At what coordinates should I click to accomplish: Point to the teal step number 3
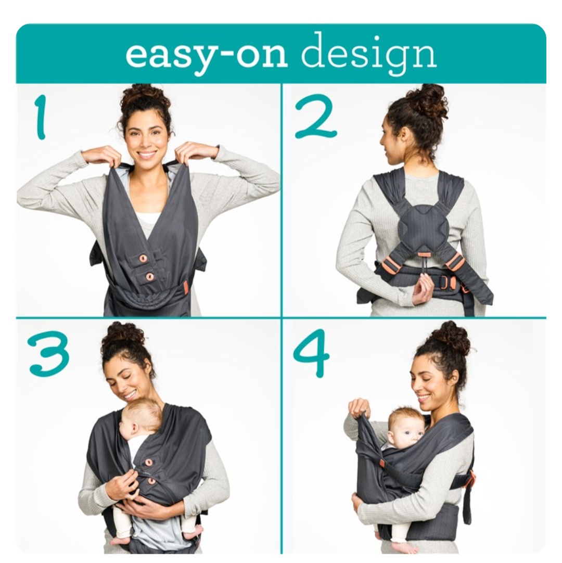point(49,353)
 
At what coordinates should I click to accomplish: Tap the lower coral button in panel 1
point(149,276)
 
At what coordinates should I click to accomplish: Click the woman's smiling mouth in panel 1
point(148,155)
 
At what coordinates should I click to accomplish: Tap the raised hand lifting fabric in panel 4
point(360,408)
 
